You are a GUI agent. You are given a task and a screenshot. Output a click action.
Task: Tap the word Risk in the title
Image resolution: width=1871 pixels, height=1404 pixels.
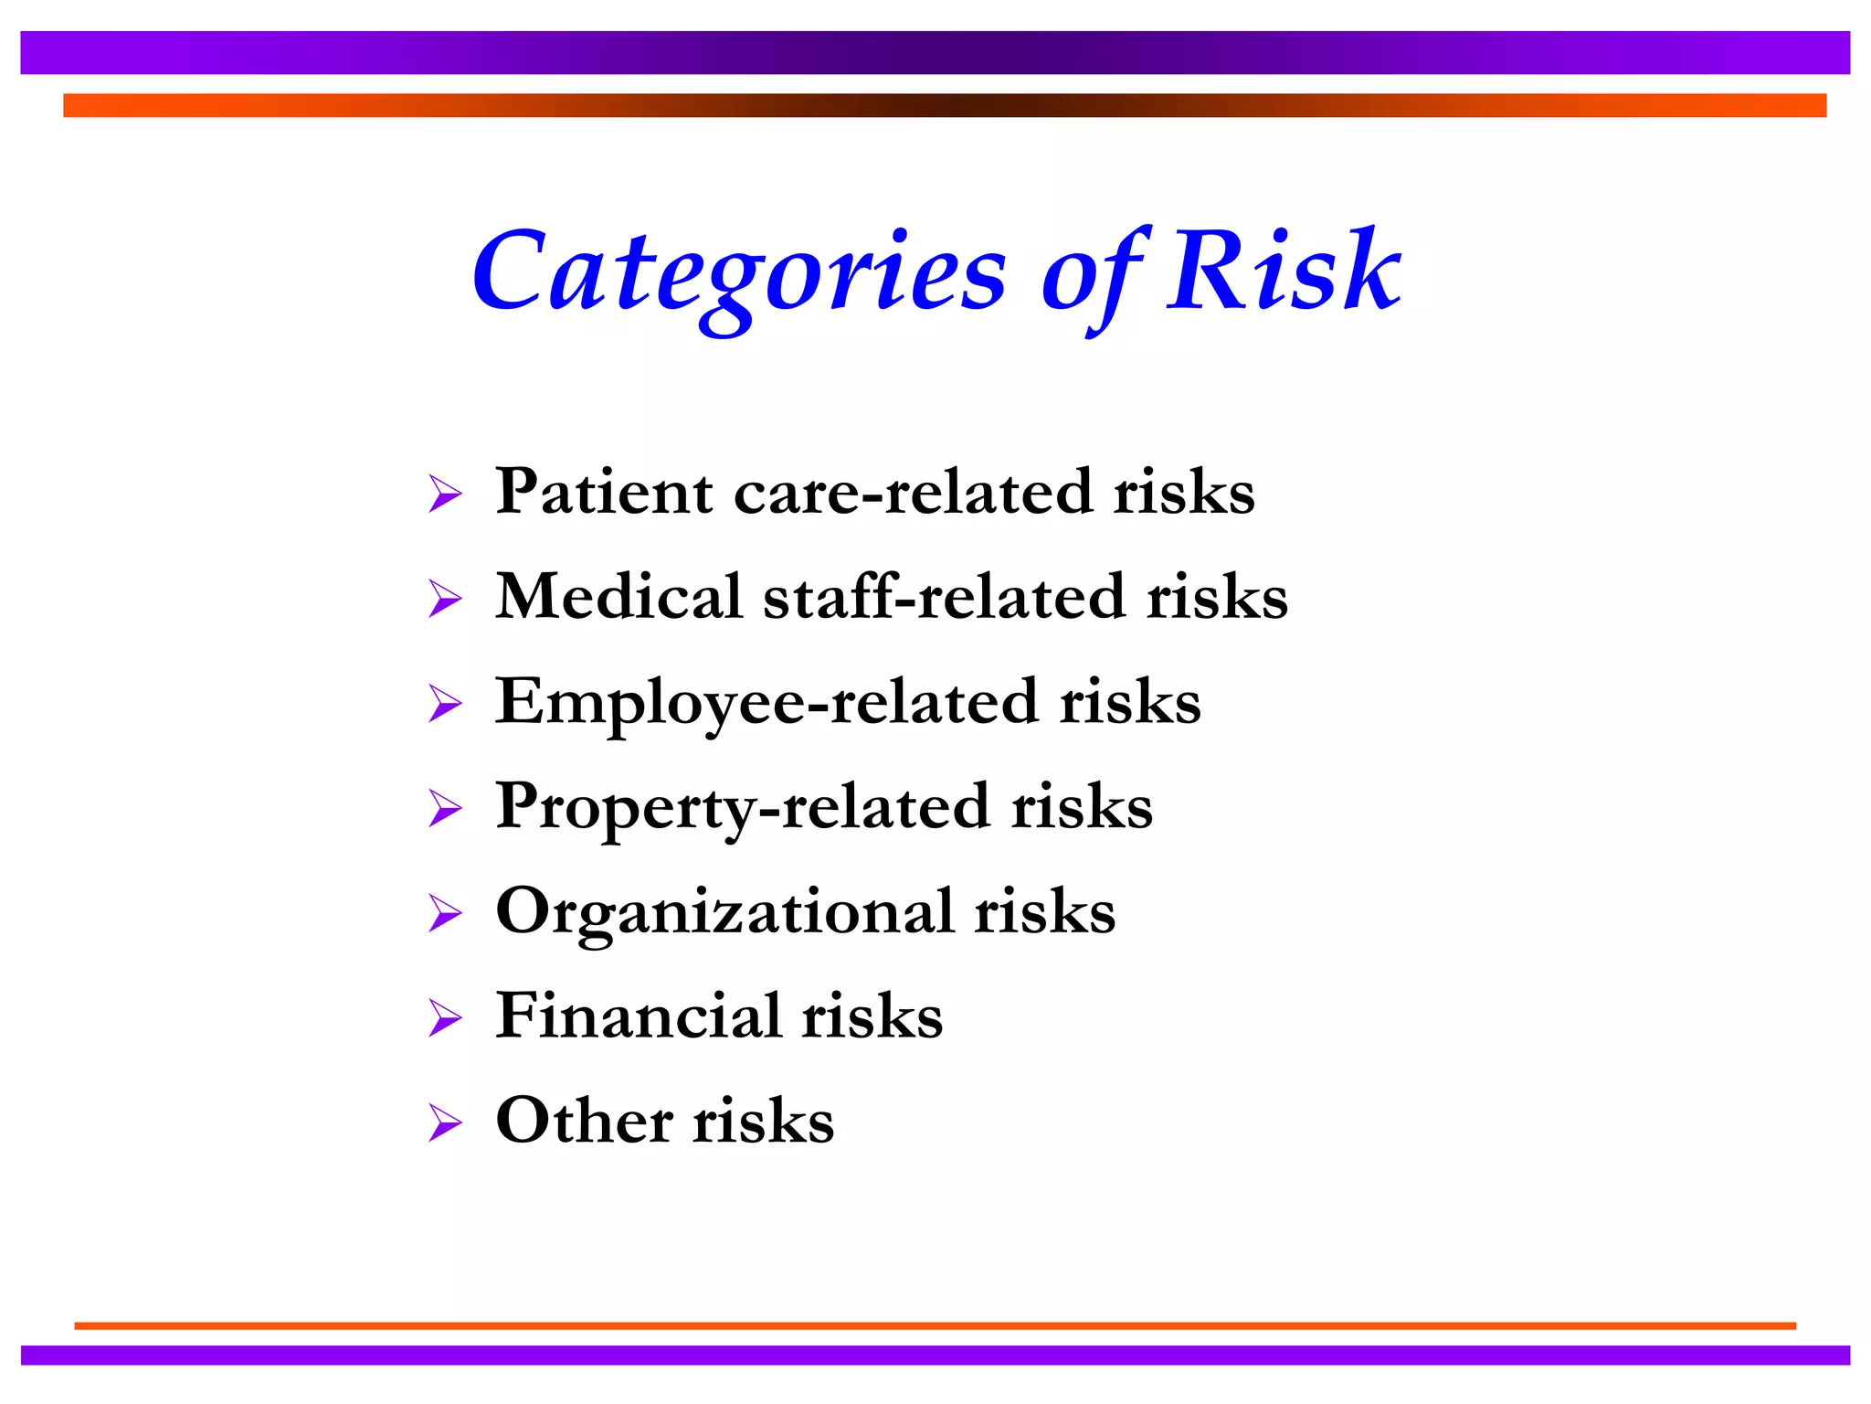[x=1284, y=271]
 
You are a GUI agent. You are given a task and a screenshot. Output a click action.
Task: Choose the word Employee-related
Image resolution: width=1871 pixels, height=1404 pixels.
[x=766, y=702]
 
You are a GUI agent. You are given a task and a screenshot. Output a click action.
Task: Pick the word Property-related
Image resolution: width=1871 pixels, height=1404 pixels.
[x=742, y=807]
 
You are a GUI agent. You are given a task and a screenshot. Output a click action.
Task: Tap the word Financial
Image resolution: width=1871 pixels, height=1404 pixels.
[x=638, y=1016]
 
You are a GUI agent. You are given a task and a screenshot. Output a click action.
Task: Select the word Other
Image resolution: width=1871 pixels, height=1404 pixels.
[x=584, y=1121]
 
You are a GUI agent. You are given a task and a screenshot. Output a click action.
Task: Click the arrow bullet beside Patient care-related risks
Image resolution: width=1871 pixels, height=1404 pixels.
[x=445, y=495]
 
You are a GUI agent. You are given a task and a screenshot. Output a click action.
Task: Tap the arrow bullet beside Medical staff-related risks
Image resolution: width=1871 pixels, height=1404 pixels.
[x=445, y=600]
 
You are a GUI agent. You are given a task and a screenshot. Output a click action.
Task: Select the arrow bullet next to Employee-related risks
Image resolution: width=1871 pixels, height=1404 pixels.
[x=445, y=705]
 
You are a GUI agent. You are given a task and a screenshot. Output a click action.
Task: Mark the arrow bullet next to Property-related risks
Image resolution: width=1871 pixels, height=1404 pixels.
[x=445, y=809]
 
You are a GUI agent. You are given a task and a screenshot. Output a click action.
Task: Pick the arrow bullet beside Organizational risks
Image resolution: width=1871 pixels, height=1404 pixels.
[x=445, y=914]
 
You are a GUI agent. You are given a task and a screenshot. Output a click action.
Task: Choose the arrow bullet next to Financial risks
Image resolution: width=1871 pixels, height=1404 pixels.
[x=445, y=1018]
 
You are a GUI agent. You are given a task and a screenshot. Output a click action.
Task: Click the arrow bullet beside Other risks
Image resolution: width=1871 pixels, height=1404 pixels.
[x=445, y=1123]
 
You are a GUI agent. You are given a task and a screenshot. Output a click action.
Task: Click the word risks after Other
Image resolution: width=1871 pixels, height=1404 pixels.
[x=763, y=1121]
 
